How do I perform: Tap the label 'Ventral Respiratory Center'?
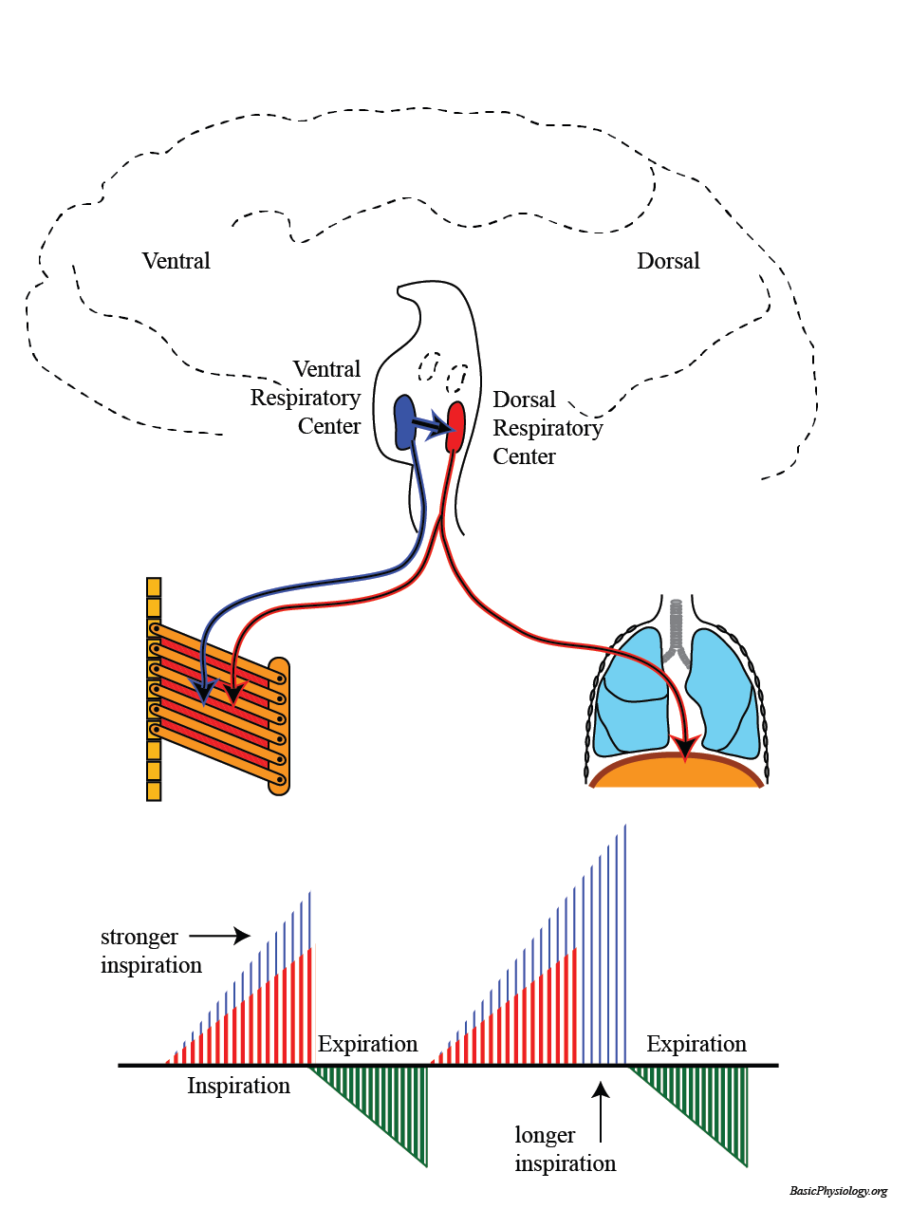coord(306,398)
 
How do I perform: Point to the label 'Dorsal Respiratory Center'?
coord(547,428)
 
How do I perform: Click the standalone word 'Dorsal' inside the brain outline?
coord(668,261)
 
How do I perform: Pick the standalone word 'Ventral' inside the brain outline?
coord(176,261)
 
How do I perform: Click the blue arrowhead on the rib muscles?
coord(203,692)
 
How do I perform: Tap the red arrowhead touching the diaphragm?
coord(682,749)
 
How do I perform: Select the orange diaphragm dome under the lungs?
coord(676,772)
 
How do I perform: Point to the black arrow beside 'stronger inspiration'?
coord(219,936)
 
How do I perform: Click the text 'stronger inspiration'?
coord(151,951)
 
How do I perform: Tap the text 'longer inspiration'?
coord(565,1149)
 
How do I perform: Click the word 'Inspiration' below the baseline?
coord(238,1086)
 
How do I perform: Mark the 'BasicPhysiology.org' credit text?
coord(838,1191)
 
